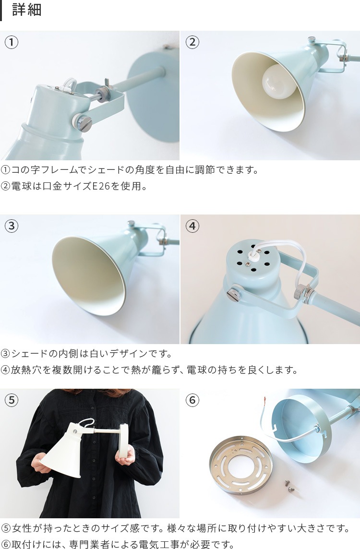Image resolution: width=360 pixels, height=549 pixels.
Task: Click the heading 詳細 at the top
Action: click(x=27, y=10)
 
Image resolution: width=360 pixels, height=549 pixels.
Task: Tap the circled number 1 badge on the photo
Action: click(x=12, y=42)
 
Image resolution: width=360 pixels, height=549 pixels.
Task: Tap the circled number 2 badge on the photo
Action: click(x=192, y=42)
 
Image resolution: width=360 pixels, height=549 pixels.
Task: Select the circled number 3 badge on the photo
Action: click(x=12, y=226)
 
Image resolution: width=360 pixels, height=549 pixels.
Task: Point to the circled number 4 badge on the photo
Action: click(x=192, y=226)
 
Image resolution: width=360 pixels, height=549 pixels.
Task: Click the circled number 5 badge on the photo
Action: click(x=12, y=400)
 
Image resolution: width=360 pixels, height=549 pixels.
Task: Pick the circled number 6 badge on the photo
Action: click(x=192, y=400)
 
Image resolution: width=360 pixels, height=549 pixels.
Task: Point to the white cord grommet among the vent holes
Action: click(x=252, y=258)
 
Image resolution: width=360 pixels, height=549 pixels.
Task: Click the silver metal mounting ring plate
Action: click(x=241, y=465)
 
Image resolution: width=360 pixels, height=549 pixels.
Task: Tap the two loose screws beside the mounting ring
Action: click(x=289, y=486)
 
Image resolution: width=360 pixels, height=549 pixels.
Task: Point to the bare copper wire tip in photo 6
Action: click(x=265, y=400)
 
